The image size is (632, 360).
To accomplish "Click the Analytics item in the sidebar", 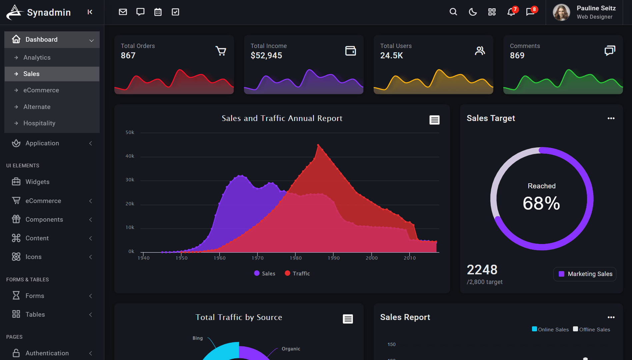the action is click(37, 57).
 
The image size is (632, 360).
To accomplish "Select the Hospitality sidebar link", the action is click(39, 123).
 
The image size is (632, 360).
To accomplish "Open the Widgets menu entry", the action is click(37, 182).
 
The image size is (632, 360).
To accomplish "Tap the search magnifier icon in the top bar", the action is click(453, 12).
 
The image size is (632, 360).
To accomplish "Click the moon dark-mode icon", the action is click(473, 12).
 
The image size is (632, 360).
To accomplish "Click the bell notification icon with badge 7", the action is click(511, 12).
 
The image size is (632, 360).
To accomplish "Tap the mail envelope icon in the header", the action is click(123, 12).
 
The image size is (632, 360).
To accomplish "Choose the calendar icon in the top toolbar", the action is click(158, 12).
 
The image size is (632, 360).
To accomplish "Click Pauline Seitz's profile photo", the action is click(561, 12).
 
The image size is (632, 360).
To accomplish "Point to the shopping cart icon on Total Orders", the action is click(221, 51).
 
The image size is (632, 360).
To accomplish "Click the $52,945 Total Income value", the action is click(266, 55).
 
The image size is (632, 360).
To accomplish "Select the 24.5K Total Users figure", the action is click(392, 55).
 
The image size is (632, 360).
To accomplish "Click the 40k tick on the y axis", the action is click(130, 156).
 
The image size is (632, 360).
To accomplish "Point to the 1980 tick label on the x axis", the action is click(296, 258).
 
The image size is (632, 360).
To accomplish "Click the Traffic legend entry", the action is click(297, 273).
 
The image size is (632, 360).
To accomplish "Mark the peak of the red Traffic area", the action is click(318, 145).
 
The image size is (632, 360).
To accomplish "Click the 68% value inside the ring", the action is click(541, 203).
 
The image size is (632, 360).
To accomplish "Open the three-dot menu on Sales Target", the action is click(611, 118).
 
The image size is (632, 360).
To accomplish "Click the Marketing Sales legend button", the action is click(585, 274).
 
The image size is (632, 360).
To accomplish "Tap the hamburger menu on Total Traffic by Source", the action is click(348, 319).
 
